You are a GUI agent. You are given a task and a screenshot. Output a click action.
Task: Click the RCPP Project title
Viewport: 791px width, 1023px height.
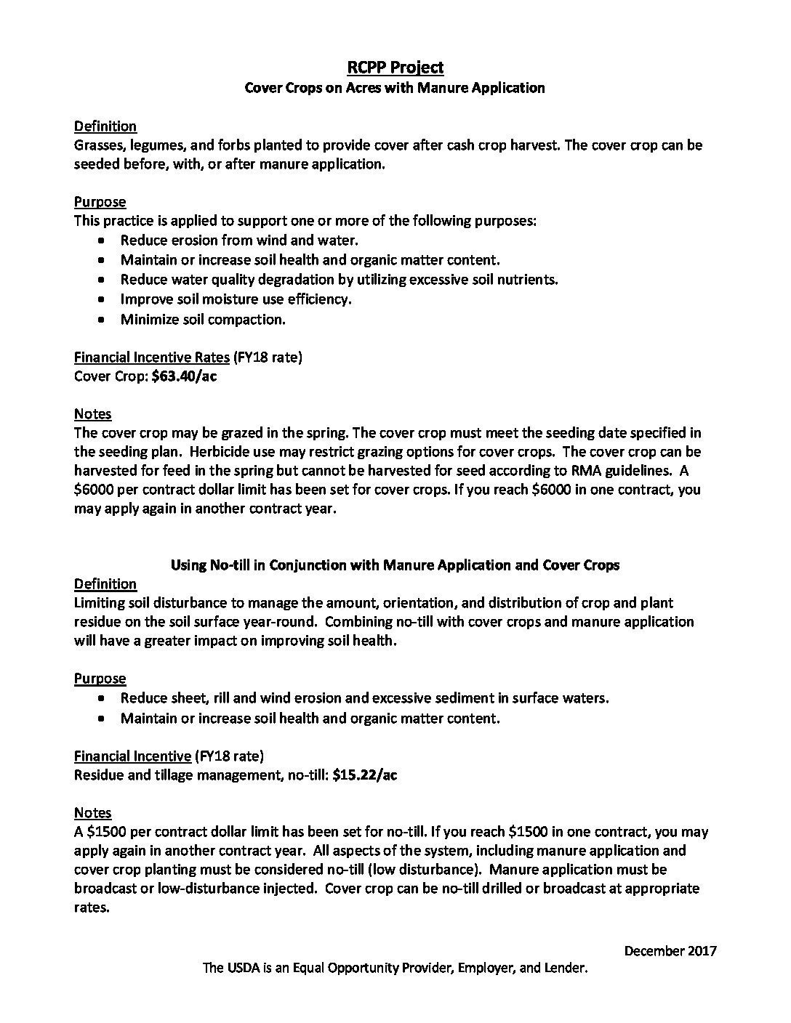click(395, 68)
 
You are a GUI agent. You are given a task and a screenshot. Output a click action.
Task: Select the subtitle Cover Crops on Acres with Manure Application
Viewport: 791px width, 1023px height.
click(395, 88)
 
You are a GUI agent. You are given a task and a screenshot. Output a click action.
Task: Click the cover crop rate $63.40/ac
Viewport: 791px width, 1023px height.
click(184, 376)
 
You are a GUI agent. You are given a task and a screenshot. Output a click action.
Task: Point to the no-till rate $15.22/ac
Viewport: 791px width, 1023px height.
click(364, 775)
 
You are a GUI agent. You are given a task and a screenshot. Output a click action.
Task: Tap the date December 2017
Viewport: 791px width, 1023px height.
click(670, 951)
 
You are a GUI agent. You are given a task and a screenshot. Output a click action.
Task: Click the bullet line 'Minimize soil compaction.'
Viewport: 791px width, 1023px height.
click(203, 320)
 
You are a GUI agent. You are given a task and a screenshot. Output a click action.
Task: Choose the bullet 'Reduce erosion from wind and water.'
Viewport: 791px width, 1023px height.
click(239, 240)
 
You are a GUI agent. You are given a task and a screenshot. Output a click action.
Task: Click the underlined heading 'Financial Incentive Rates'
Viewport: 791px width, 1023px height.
click(151, 357)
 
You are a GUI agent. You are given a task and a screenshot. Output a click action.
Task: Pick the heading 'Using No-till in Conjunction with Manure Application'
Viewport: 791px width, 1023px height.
click(395, 565)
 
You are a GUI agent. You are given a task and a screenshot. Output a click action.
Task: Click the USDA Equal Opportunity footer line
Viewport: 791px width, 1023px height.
click(395, 969)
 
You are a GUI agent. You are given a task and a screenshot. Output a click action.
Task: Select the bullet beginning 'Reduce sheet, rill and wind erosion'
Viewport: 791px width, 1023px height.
click(364, 698)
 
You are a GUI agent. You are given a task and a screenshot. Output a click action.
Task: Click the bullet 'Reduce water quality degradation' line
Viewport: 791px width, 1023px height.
click(339, 280)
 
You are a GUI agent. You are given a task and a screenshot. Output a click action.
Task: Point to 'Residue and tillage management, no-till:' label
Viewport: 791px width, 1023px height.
click(201, 775)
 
